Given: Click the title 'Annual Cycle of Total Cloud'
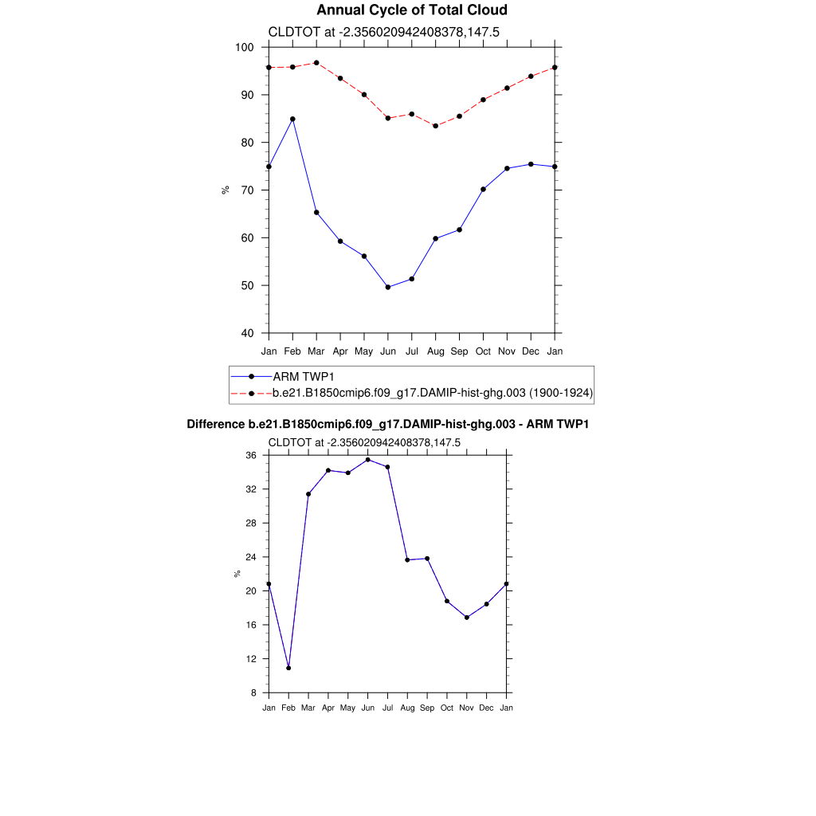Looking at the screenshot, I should tap(411, 10).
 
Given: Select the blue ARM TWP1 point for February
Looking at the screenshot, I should tap(292, 119).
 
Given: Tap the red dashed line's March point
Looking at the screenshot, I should tap(316, 63).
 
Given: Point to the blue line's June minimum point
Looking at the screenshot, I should tap(388, 287).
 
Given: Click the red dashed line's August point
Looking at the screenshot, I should tap(435, 126).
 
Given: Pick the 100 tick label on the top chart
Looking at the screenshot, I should tap(245, 48).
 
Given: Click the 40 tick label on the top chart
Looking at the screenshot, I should tap(247, 334).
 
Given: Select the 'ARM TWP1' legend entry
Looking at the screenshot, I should tap(302, 376).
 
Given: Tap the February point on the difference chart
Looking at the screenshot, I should tap(288, 668).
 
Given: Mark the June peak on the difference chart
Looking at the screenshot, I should tap(367, 460).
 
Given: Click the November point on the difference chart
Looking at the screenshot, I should tap(466, 618).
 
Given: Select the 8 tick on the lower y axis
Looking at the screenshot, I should tap(253, 693).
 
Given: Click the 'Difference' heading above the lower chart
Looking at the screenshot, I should tap(387, 425).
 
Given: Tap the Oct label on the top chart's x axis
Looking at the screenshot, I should tap(483, 351).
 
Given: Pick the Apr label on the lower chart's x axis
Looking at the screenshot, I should tap(328, 708).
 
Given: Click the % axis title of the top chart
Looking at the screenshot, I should tap(226, 190).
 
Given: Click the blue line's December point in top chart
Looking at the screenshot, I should tap(531, 164).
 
